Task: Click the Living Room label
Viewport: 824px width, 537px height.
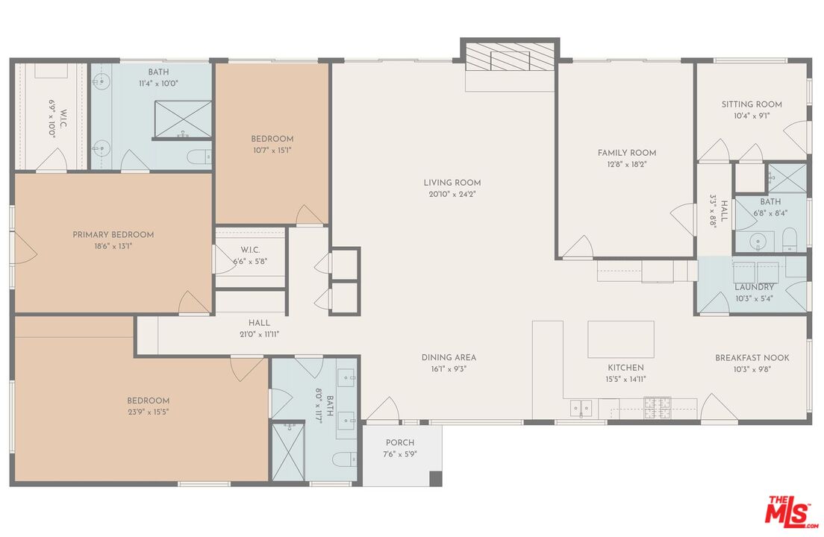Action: pyautogui.click(x=452, y=183)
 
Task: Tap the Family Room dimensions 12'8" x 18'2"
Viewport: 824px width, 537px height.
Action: pyautogui.click(x=627, y=164)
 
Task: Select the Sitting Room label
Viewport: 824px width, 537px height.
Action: pyautogui.click(x=752, y=104)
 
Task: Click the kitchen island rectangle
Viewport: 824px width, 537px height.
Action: pyautogui.click(x=620, y=339)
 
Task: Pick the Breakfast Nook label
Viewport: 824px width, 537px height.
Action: pyautogui.click(x=752, y=358)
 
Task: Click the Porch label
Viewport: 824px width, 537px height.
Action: pyautogui.click(x=400, y=443)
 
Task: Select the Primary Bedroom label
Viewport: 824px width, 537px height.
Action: pyautogui.click(x=113, y=235)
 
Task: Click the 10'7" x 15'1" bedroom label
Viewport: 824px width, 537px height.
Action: pyautogui.click(x=272, y=149)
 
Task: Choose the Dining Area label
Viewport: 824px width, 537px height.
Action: pyautogui.click(x=449, y=358)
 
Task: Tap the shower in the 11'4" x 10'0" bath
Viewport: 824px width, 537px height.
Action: pyautogui.click(x=183, y=119)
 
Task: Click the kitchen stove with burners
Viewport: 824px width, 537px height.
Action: pyautogui.click(x=657, y=407)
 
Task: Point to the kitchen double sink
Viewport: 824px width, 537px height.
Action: pyautogui.click(x=581, y=408)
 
